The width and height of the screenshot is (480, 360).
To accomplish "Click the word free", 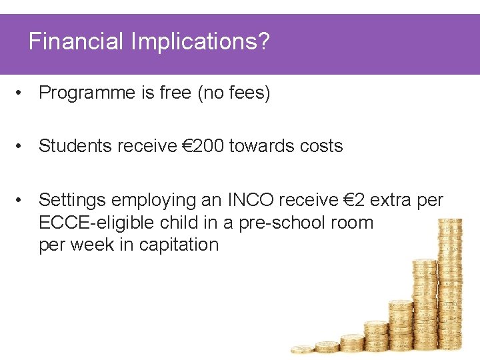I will [175, 93].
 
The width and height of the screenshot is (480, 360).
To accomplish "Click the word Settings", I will [73, 200].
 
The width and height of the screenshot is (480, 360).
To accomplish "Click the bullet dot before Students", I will [22, 147].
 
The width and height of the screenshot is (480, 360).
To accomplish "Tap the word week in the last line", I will [90, 245].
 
